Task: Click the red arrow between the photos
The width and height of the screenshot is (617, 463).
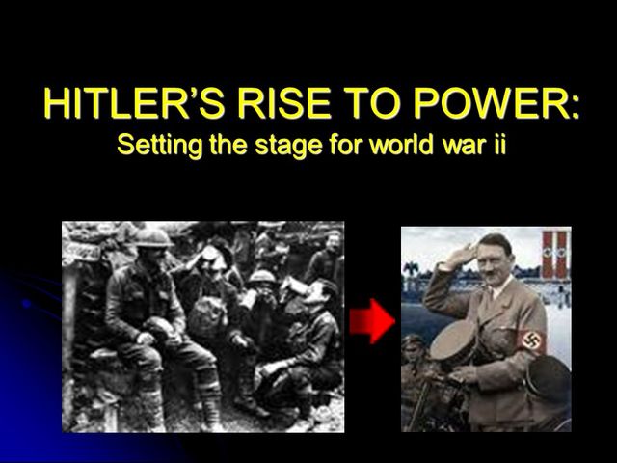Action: click(371, 321)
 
